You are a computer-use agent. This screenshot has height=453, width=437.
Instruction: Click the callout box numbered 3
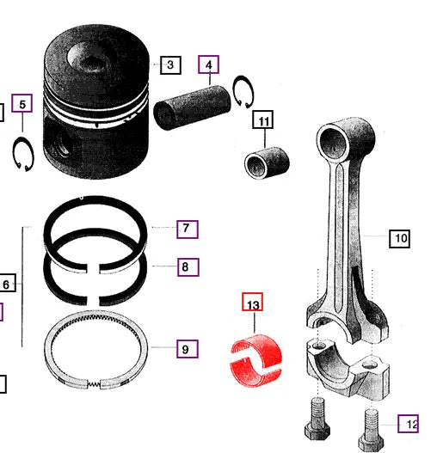(x=169, y=64)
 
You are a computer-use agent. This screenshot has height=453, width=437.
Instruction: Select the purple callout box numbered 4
(x=207, y=64)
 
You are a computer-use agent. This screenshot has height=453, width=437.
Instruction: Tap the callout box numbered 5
(x=22, y=105)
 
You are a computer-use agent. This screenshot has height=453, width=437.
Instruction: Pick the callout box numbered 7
(x=187, y=229)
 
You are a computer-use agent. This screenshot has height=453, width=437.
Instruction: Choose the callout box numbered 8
(x=187, y=267)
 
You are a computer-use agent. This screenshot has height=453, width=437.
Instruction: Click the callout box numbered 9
(x=187, y=349)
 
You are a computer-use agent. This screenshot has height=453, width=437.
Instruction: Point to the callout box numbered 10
(x=399, y=237)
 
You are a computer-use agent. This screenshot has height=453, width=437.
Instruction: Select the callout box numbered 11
(x=262, y=120)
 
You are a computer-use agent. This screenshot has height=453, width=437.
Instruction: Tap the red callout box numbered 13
(x=252, y=304)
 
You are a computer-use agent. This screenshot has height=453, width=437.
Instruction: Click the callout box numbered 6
(x=5, y=284)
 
